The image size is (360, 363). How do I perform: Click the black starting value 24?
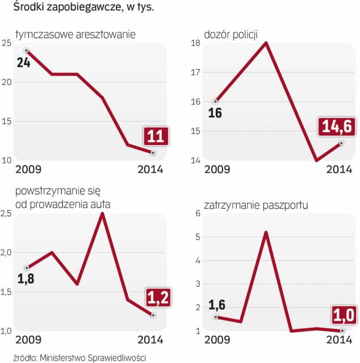pyautogui.click(x=23, y=62)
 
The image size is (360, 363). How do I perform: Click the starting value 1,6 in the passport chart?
pyautogui.click(x=218, y=306)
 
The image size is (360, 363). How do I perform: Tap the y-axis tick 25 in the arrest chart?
pyautogui.click(x=7, y=44)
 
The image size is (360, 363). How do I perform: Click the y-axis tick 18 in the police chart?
pyautogui.click(x=195, y=44)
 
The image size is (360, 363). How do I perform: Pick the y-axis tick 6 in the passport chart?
pyautogui.click(x=197, y=214)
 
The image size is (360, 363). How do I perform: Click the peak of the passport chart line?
pyautogui.click(x=266, y=232)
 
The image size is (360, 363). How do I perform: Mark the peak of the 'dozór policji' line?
pyautogui.click(x=266, y=43)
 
